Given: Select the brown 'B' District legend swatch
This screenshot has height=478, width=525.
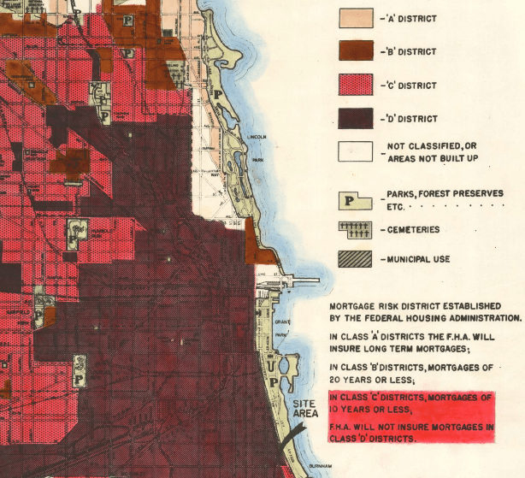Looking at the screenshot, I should point(356,52).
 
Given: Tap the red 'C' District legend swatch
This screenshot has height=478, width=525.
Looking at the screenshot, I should point(356,86).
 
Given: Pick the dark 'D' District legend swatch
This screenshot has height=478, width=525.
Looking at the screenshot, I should point(356,119).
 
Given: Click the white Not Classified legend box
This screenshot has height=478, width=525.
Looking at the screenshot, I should point(356,151).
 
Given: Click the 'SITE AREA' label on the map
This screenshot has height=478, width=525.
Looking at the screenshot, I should point(305,409).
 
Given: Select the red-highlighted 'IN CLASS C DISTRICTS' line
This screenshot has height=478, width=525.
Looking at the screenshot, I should point(411,398).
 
